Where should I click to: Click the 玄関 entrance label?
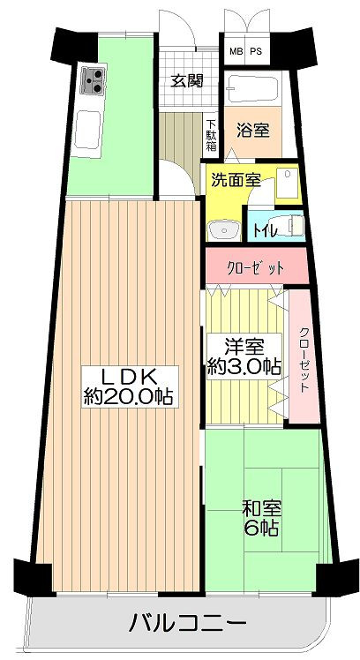[x=187, y=80]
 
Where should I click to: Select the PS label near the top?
[x=256, y=52]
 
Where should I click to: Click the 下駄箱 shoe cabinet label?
[x=212, y=135]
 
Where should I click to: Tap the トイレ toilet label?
[x=265, y=230]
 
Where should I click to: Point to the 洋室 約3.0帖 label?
[x=244, y=357]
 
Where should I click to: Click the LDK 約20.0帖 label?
[x=129, y=386]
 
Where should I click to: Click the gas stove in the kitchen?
[x=94, y=79]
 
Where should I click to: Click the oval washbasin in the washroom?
[x=223, y=229]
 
